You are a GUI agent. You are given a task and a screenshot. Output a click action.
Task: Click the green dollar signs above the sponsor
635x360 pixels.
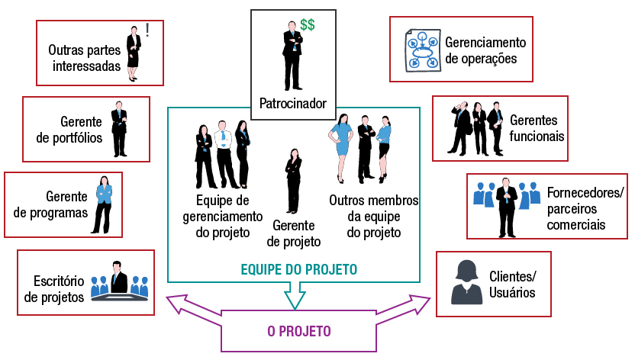coord(307,24)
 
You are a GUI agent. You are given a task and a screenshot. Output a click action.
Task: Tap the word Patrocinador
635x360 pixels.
coord(293,104)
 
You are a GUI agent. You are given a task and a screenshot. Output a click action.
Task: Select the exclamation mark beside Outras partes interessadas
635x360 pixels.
coord(147,30)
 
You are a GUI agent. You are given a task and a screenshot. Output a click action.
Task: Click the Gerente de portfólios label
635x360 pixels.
coord(69,129)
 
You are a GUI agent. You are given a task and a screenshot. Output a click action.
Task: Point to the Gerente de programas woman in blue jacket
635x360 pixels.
coord(103,204)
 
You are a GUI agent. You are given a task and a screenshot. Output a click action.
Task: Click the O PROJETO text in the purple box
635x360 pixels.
coord(298,332)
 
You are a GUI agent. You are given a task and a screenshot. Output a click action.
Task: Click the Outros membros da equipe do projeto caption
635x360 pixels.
coord(374,217)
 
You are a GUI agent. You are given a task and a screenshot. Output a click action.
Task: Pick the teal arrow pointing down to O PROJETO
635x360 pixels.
coord(294,296)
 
